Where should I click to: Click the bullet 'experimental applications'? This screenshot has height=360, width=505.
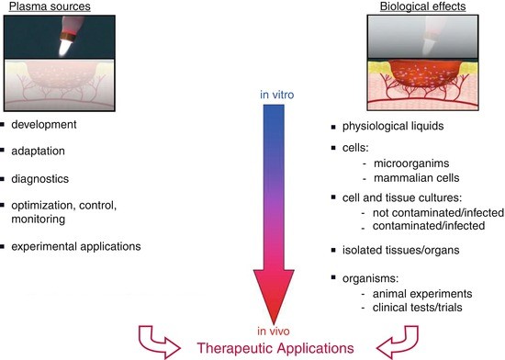pos(77,246)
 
